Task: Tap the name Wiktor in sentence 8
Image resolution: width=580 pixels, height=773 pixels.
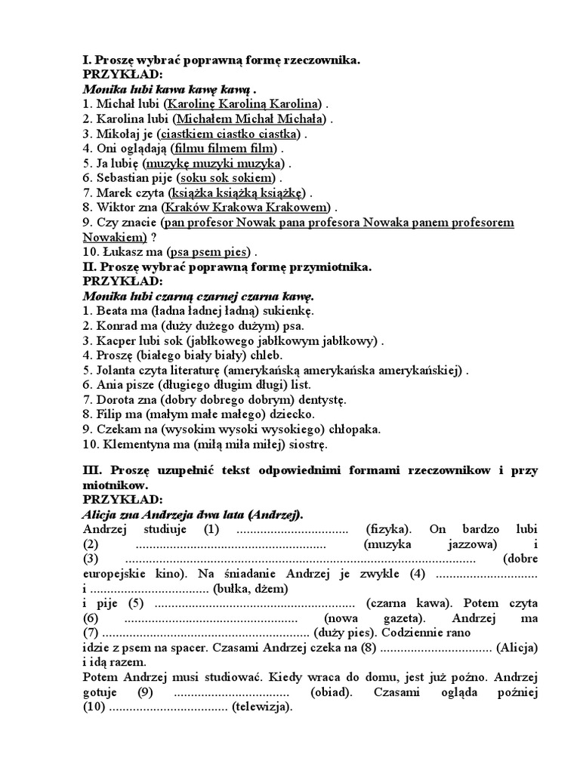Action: pos(116,207)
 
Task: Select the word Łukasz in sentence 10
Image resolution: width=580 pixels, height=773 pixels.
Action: pos(117,251)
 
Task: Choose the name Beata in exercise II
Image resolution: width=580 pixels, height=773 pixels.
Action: pos(113,311)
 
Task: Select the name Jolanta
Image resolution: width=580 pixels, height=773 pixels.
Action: pos(119,370)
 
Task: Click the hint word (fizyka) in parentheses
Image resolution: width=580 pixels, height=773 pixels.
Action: pos(388,529)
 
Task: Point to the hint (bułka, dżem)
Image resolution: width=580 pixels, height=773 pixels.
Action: pos(251,588)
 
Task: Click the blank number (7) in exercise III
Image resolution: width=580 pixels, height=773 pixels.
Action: pos(90,633)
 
